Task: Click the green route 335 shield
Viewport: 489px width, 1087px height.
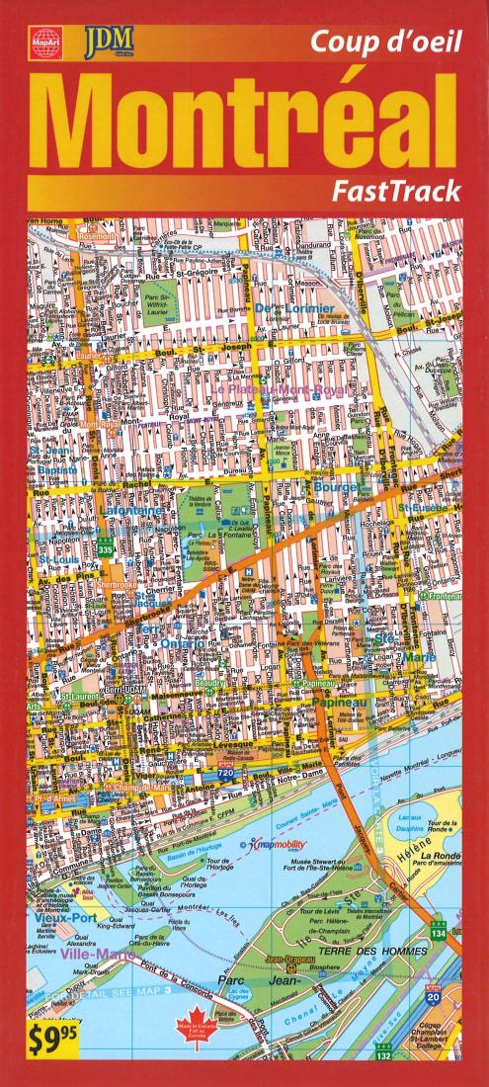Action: pyautogui.click(x=104, y=545)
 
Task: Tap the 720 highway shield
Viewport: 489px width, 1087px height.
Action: pyautogui.click(x=225, y=772)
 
